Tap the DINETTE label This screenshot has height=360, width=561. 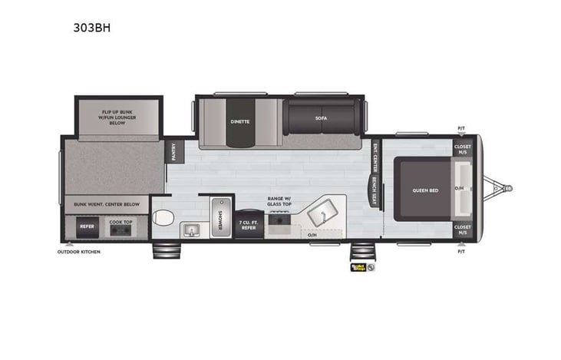[x=240, y=121]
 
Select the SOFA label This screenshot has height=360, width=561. [x=321, y=118]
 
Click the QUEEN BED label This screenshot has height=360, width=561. [x=425, y=190]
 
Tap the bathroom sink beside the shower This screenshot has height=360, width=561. [x=190, y=230]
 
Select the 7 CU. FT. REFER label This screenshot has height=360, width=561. [x=248, y=223]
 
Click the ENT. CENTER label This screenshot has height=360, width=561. [x=375, y=157]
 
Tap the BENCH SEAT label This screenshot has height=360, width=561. [x=374, y=192]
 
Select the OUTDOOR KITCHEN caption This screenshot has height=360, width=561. [x=80, y=252]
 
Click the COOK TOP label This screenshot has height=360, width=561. [x=121, y=222]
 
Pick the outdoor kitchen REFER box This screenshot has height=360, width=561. [x=87, y=227]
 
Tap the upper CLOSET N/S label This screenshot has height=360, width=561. [x=463, y=148]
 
